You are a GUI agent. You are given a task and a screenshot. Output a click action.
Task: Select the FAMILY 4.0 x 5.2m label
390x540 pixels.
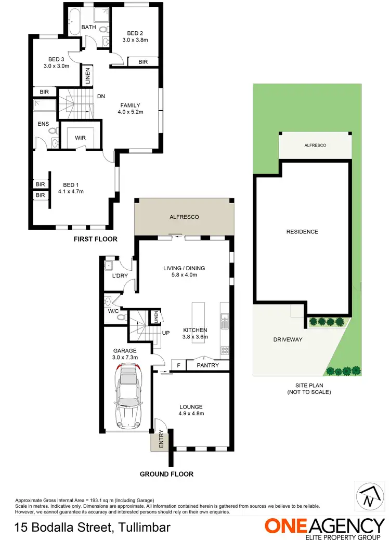tap(130, 108)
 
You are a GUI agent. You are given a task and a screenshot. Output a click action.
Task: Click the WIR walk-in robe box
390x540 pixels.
tap(80, 137)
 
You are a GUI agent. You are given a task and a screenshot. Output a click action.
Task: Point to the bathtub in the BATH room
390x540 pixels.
tap(73, 21)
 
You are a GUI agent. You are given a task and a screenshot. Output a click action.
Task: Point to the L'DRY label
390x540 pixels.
tap(120, 275)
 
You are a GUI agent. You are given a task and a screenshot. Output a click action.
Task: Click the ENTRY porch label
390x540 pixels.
tap(161, 440)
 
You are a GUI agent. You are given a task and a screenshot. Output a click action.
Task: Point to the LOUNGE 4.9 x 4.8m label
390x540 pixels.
tap(191, 410)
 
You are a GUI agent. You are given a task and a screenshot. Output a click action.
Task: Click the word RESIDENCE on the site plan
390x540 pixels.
tap(302, 232)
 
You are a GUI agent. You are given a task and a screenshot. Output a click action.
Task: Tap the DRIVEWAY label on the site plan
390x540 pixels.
tap(288, 339)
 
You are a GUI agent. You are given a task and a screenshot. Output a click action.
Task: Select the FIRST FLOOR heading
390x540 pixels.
tap(95, 239)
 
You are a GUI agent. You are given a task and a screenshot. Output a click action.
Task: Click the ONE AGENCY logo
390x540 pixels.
tap(324, 526)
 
